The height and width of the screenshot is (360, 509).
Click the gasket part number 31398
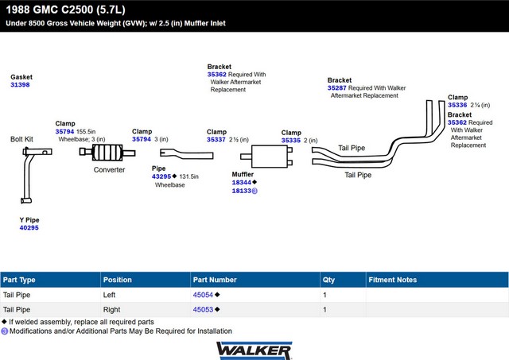(x=20, y=85)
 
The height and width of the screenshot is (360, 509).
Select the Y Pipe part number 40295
(x=29, y=227)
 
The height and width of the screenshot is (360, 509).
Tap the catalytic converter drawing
(x=109, y=153)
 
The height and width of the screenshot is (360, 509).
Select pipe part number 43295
(x=161, y=176)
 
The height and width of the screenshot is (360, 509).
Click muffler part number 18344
(x=242, y=182)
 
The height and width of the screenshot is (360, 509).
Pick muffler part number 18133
(x=242, y=192)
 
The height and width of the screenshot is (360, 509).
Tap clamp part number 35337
(x=216, y=140)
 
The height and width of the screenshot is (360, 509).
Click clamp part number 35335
(x=291, y=141)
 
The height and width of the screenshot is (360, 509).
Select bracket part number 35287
(x=337, y=87)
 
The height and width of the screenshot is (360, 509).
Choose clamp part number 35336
(x=457, y=105)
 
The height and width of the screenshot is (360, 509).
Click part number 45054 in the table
(x=203, y=294)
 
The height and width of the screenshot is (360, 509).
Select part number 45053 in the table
(x=203, y=309)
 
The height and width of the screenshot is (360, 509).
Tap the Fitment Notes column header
(x=393, y=280)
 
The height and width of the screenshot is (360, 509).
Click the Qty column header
(x=328, y=280)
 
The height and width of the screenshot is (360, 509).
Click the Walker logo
(x=254, y=350)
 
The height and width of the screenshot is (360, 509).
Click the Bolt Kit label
(x=21, y=138)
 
